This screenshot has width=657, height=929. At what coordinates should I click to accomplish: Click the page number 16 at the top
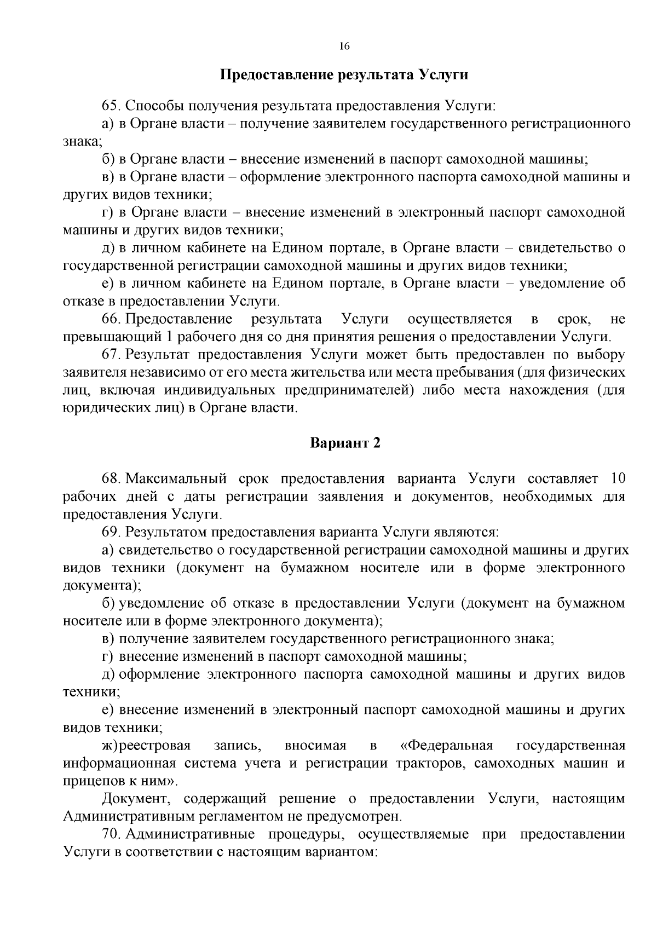click(x=344, y=47)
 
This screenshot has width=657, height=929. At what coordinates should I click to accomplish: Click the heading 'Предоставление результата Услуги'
click(x=344, y=74)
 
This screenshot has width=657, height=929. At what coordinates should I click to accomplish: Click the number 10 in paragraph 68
click(x=618, y=478)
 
